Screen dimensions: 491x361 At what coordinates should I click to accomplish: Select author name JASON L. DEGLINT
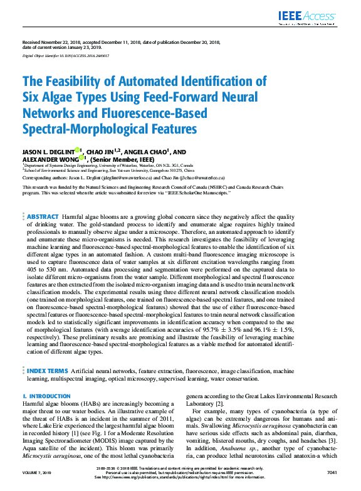[48, 152]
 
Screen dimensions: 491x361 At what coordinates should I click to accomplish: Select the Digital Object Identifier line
[66, 56]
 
